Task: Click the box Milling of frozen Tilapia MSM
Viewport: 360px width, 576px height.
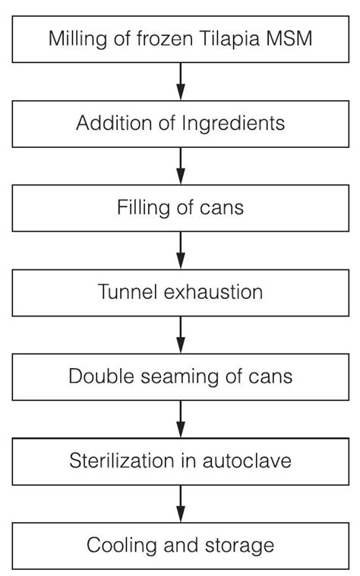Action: tap(180, 39)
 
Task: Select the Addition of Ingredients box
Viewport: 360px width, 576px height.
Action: tap(180, 124)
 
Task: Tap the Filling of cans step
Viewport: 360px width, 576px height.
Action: tap(180, 207)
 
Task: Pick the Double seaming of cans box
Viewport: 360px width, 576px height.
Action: tap(180, 376)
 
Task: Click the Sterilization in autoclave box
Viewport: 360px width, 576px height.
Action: tap(180, 461)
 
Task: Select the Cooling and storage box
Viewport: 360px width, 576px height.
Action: tap(180, 545)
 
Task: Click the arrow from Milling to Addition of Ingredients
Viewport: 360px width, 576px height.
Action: tap(181, 81)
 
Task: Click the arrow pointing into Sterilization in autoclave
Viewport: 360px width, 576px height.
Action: tap(181, 418)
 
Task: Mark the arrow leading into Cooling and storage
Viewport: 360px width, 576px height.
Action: tap(181, 502)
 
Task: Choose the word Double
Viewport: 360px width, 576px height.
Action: tap(97, 376)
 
